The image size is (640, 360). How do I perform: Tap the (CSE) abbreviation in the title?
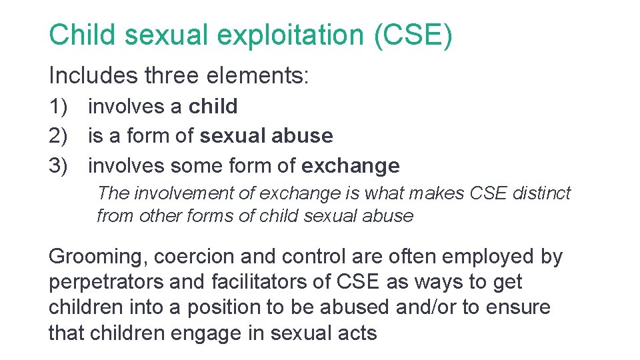click(413, 35)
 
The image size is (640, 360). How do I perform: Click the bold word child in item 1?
click(213, 107)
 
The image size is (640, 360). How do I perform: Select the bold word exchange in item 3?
click(351, 165)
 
